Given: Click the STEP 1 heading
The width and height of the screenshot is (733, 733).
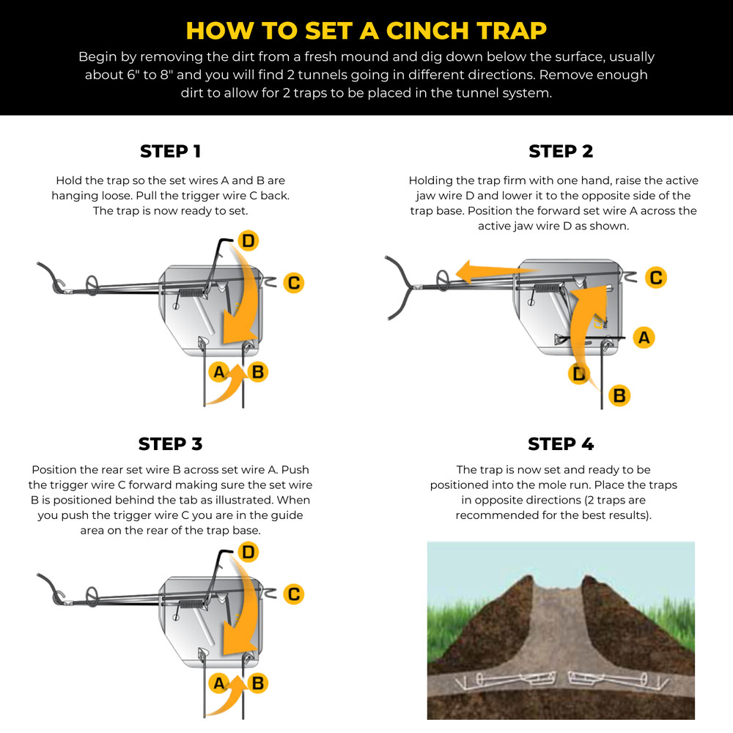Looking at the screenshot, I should coord(170,152).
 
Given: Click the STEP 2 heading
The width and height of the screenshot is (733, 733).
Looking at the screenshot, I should coord(561,152).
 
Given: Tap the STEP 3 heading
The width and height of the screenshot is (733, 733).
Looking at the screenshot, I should coord(170,443).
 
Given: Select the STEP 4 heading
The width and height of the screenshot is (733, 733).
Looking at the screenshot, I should coord(561,443).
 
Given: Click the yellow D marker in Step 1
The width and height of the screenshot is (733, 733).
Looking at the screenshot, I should coord(248,240).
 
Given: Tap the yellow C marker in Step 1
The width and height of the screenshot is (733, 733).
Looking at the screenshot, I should coord(293,283).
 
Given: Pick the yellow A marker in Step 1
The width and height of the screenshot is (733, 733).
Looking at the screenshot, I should coord(218,372).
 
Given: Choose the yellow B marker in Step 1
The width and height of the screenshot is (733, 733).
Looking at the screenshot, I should coord(257,372).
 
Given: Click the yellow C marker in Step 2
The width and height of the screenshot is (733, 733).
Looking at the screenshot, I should coord(656,277).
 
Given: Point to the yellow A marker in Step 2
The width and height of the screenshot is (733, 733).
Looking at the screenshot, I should coord(644,337).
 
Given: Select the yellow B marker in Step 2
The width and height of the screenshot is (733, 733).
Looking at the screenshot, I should coord(619,396).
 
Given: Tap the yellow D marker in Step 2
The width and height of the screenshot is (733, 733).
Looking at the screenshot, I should coord(579,374).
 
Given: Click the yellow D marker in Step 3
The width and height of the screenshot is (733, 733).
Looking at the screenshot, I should coord(248,551).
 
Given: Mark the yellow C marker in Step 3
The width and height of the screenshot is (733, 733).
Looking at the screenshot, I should coord(293,594).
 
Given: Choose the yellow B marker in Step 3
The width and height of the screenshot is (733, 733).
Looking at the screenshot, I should coord(257,683).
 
